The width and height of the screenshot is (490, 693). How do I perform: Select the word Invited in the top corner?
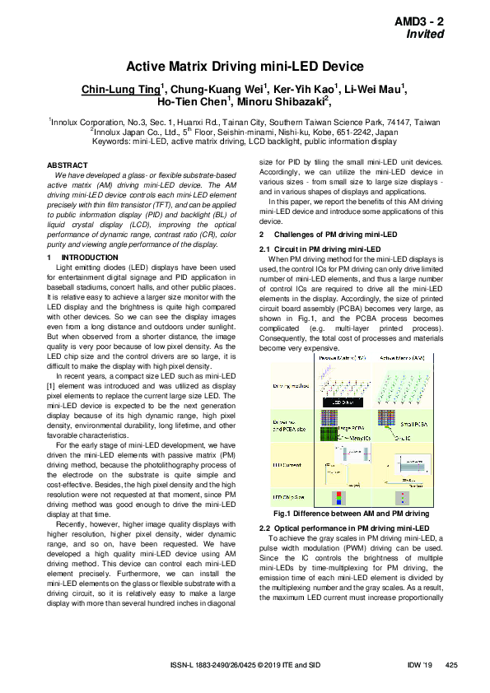[425, 35]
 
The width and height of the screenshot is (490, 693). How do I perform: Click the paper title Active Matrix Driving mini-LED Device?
[245, 67]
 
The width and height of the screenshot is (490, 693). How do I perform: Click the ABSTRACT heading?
[69, 165]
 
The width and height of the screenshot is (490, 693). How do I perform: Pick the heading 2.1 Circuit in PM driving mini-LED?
[320, 249]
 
